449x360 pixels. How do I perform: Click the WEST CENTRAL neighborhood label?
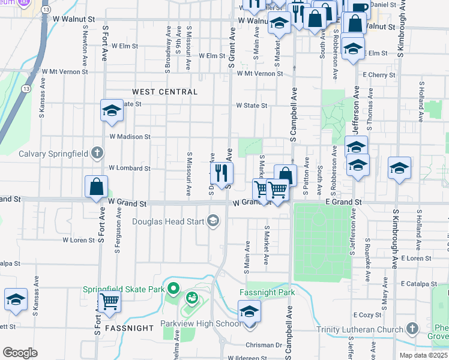164,92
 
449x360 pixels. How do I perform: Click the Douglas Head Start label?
169,221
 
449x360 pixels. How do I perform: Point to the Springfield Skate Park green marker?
173,289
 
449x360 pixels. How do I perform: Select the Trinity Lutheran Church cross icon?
412,328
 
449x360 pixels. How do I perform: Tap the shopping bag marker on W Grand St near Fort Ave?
96,187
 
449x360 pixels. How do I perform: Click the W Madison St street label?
130,137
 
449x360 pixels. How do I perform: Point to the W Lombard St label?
129,169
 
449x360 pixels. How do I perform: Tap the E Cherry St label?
379,75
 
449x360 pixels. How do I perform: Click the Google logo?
20,353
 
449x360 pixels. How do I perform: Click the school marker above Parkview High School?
249,312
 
